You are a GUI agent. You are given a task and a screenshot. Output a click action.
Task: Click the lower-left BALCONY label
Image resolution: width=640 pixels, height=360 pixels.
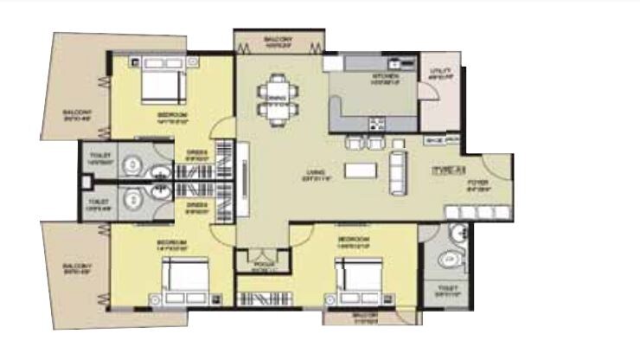tap(74, 268)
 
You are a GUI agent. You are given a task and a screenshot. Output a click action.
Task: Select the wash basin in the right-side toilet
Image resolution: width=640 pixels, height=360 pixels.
tap(458, 231)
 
